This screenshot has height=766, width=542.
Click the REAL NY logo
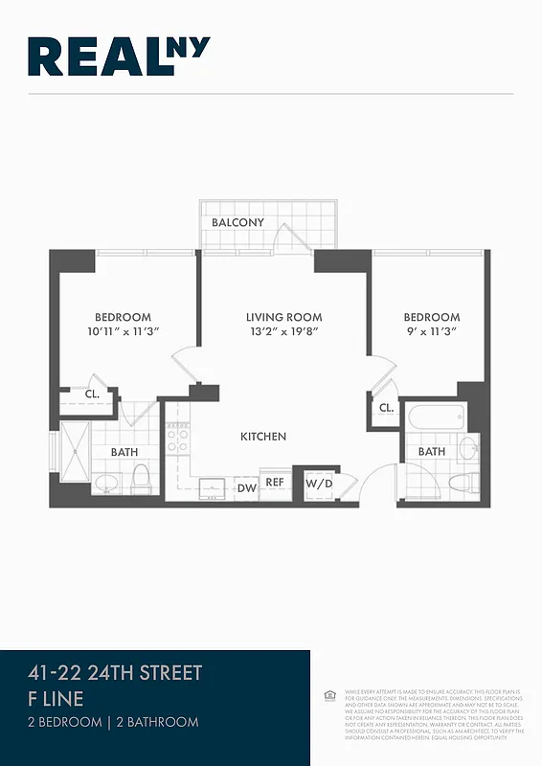(x=119, y=56)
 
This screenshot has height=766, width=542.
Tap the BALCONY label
(x=237, y=223)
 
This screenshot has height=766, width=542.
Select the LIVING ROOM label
(x=283, y=318)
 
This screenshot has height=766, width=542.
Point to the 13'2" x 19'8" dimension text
(x=283, y=332)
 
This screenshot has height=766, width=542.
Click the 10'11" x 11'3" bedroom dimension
(x=123, y=332)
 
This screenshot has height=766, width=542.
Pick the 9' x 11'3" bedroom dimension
(x=431, y=332)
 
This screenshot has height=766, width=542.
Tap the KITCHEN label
(x=262, y=437)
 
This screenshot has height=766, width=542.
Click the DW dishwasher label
(x=245, y=486)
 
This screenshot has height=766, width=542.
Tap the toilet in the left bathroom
(x=142, y=476)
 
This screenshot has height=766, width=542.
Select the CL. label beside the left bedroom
(x=92, y=394)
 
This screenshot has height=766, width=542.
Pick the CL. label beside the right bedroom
(x=386, y=408)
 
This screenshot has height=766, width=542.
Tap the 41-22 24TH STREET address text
(x=116, y=673)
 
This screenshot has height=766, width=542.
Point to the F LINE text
(x=56, y=699)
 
